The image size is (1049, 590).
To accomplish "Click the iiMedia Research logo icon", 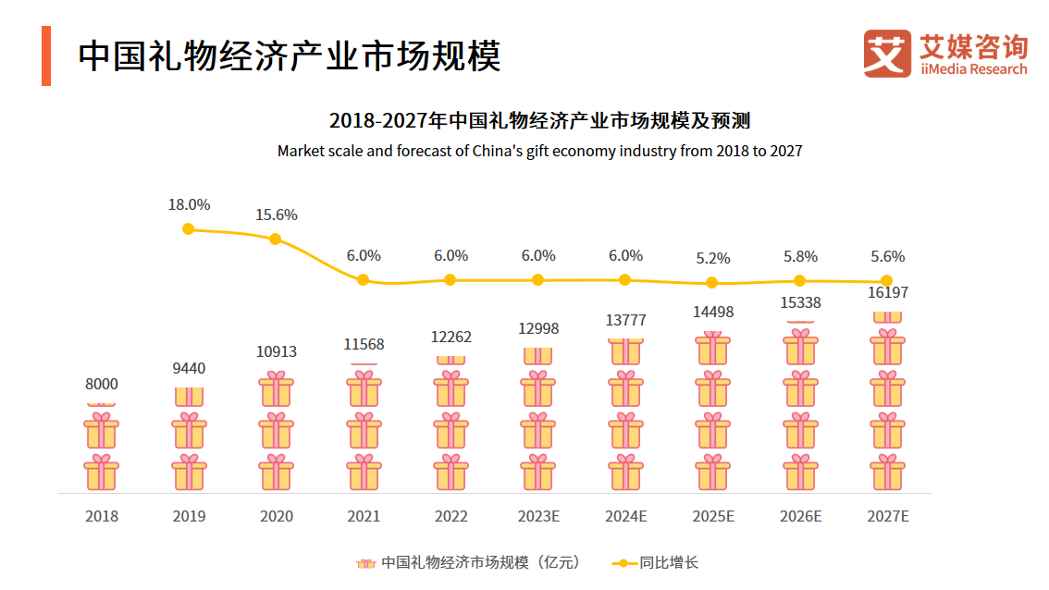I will tap(887, 53).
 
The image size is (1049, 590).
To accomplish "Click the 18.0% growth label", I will tap(189, 204).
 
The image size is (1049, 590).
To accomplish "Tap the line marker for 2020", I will tap(275, 239).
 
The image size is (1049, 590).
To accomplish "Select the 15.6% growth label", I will tap(276, 215).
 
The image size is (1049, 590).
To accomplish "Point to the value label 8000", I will tap(102, 384).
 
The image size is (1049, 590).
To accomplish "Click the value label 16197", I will tap(888, 292).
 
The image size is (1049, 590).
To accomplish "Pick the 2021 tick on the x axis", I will tap(364, 516).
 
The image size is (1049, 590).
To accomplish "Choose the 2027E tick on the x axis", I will tap(888, 516).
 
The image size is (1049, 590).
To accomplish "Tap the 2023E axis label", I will tap(538, 516).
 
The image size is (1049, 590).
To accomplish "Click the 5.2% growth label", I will tap(712, 258).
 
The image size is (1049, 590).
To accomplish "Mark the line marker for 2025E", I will tap(711, 283).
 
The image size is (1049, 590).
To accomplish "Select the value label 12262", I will tap(450, 337).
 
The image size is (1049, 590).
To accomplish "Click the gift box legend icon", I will tap(365, 562).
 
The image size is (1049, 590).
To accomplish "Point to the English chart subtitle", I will tap(539, 151).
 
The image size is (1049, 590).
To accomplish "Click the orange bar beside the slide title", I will tap(46, 55).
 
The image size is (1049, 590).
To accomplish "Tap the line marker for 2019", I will tap(189, 228).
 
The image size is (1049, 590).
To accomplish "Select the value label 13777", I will tap(625, 320).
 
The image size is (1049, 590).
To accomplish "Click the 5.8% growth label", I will tap(800, 256).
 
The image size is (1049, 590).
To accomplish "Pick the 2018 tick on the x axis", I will tap(102, 516).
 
